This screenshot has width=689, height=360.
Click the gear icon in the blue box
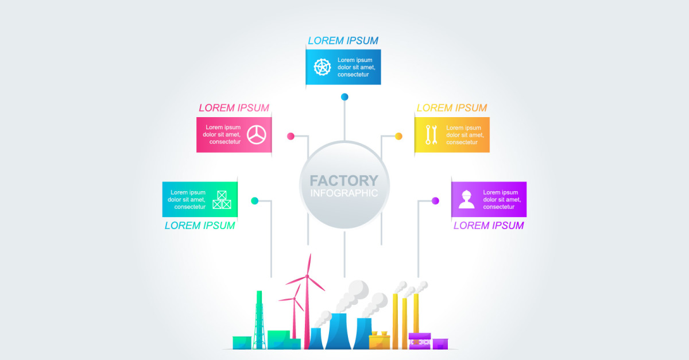tap(322, 67)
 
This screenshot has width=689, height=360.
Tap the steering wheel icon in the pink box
tap(257, 134)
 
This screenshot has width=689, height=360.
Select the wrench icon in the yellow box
tap(431, 134)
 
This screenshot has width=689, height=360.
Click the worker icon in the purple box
tap(466, 199)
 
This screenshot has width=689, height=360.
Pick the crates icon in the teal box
tap(222, 199)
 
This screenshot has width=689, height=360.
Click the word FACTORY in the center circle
tap(344, 181)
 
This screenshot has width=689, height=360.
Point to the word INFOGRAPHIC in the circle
tap(344, 193)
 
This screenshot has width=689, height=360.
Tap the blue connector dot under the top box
tap(344, 96)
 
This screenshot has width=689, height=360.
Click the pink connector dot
tap(291, 136)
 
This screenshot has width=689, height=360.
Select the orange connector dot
tap(398, 136)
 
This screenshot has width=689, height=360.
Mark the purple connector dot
tap(435, 200)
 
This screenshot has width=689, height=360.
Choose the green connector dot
tap(254, 200)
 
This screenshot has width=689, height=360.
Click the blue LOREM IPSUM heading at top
tap(343, 41)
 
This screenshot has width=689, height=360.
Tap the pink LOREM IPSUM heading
tap(234, 108)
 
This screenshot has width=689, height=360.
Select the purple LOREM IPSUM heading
tap(489, 226)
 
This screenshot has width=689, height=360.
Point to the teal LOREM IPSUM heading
tap(200, 226)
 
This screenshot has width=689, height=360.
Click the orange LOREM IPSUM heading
tap(451, 108)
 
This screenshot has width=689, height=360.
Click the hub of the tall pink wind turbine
tap(307, 277)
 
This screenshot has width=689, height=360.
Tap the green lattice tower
tap(259, 322)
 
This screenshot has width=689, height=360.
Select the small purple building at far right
tap(440, 343)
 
